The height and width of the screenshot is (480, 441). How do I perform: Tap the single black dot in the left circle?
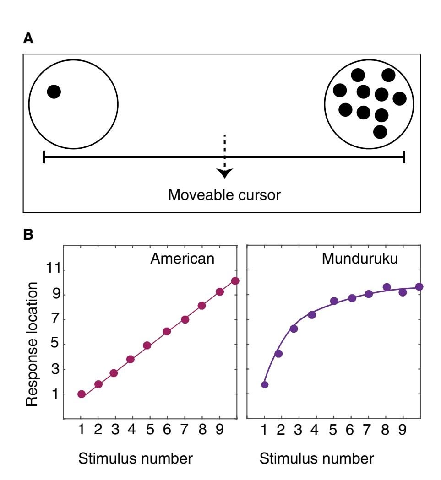click(54, 92)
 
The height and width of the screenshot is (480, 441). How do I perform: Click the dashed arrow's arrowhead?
click(224, 173)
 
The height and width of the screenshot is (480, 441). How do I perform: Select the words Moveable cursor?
click(224, 195)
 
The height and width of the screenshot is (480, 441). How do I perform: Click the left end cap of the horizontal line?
click(44, 157)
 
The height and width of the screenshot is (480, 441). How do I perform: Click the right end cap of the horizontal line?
click(404, 157)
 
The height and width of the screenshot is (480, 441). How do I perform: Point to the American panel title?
click(182, 259)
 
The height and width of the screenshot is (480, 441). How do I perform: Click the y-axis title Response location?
click(31, 344)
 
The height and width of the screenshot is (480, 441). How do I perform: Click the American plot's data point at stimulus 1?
click(82, 394)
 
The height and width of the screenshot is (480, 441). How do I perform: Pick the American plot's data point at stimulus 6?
click(167, 331)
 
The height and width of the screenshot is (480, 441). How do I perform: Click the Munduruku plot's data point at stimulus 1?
click(264, 384)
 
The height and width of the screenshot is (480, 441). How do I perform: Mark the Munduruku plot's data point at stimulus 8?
click(387, 287)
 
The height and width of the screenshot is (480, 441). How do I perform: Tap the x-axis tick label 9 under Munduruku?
click(403, 431)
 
